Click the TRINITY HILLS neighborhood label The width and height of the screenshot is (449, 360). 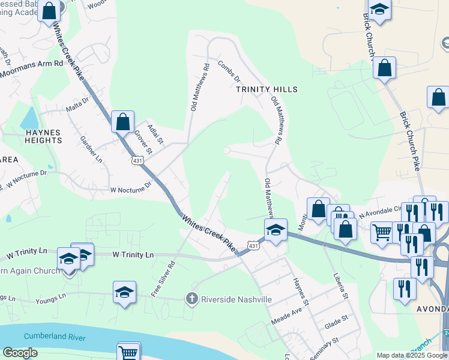267,89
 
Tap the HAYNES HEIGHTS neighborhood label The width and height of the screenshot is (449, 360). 43,136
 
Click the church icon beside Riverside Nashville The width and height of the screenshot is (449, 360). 192,299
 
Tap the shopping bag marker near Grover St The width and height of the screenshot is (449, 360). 122,122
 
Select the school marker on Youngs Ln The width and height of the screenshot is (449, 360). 124,293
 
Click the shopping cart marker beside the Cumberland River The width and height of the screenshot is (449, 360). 128,352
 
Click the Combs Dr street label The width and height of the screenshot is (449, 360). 229,71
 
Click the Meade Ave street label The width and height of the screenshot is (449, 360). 288,314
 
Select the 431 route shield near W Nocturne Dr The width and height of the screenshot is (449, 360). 137,161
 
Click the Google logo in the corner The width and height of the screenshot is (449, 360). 20,353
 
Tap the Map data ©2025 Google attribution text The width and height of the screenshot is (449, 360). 411,355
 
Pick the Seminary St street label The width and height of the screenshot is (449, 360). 325,349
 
